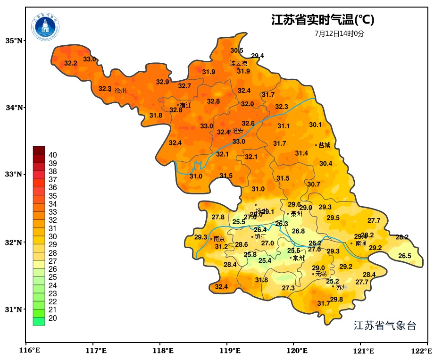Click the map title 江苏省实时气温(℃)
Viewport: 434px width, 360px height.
(x=323, y=20)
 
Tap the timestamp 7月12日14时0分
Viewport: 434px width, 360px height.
(x=340, y=33)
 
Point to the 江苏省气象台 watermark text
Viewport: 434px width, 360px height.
(x=385, y=326)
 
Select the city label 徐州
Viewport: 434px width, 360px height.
(x=120, y=91)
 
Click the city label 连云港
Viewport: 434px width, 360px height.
(x=239, y=63)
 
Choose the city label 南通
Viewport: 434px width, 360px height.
(x=361, y=244)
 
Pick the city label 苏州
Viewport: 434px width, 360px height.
(x=342, y=287)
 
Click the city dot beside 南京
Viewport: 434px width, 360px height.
(x=211, y=239)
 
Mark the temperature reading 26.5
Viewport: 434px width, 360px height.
(x=404, y=256)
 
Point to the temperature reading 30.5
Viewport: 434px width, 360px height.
(x=237, y=50)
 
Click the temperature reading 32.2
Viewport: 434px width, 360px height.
(x=71, y=63)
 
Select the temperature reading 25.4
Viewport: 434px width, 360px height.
(x=265, y=260)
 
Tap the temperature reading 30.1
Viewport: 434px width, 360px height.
(x=315, y=125)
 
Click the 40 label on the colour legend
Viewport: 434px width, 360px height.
(x=53, y=155)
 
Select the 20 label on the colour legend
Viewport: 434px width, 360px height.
(x=53, y=318)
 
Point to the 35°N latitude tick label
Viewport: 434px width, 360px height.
(x=14, y=41)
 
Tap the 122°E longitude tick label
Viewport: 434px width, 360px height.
(x=422, y=351)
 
